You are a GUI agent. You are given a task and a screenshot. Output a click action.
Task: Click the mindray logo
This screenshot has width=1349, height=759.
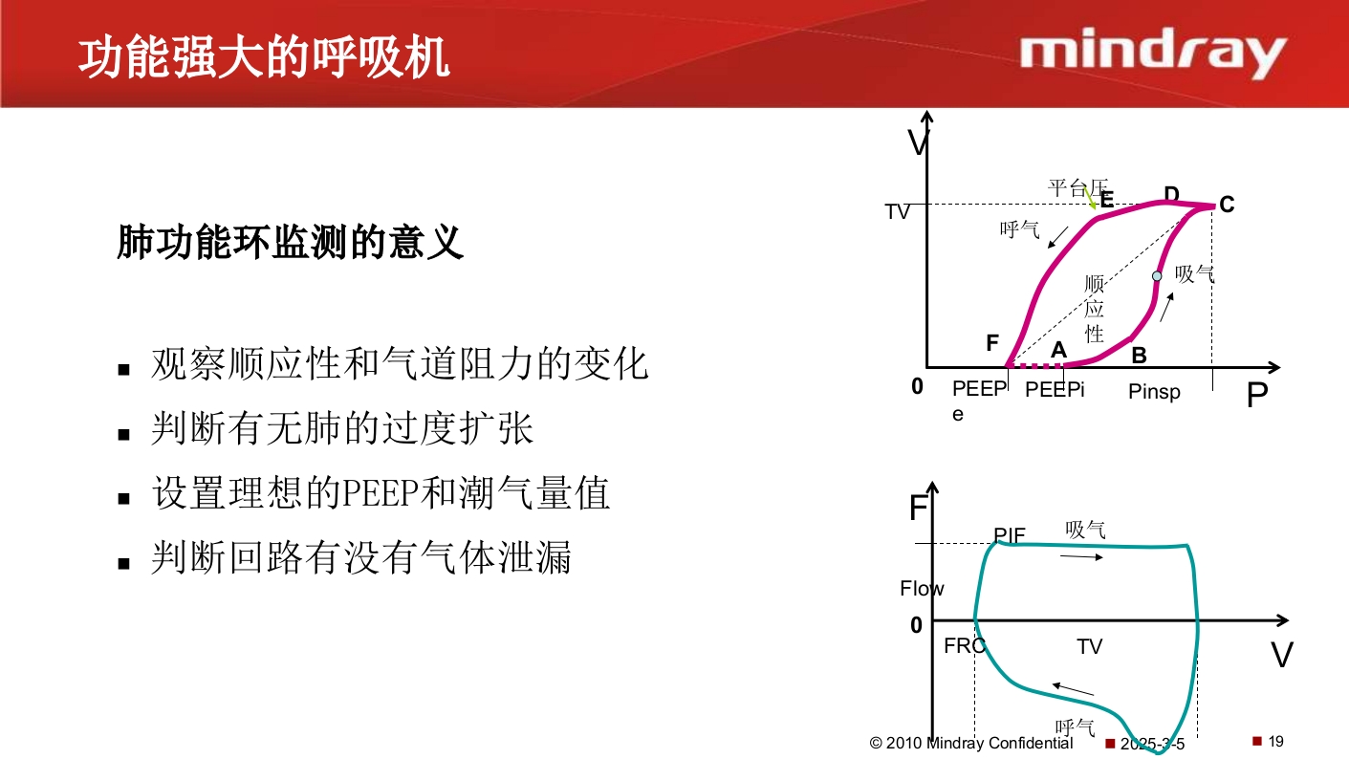(x=1152, y=54)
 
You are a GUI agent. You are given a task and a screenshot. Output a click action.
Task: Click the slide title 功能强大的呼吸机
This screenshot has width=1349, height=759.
(x=263, y=57)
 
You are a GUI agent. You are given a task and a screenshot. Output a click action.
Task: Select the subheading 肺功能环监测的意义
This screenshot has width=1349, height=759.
(x=291, y=243)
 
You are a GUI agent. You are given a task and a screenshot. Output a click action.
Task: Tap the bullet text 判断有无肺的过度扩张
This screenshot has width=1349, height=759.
(x=342, y=429)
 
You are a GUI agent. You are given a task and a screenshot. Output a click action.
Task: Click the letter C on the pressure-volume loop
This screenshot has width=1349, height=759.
(x=1227, y=205)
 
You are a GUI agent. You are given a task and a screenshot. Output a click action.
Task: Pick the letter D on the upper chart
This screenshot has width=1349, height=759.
(x=1171, y=194)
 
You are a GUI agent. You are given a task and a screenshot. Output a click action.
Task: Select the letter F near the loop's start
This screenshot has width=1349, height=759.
(x=992, y=342)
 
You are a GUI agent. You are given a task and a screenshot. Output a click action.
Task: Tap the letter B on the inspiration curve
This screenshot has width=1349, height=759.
(x=1139, y=356)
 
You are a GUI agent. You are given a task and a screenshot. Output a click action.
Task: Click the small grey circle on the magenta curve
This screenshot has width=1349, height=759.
(x=1157, y=275)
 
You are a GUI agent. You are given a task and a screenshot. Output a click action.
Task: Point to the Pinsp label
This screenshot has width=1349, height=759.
(x=1154, y=392)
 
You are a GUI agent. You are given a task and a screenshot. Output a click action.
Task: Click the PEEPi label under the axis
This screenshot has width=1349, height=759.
(x=1055, y=390)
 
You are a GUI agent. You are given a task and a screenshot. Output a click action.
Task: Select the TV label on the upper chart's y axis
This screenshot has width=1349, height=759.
(x=897, y=212)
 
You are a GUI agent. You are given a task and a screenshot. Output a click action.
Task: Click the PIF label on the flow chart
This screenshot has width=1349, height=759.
(x=1010, y=535)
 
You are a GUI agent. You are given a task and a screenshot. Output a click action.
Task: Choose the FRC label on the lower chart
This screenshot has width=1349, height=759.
(x=964, y=646)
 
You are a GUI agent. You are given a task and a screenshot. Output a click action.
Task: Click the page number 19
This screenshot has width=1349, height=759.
(x=1275, y=741)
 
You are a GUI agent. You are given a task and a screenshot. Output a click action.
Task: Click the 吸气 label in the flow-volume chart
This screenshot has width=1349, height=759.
(x=1086, y=530)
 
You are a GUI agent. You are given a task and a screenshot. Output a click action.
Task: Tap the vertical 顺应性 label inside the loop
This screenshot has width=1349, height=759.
(x=1095, y=309)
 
